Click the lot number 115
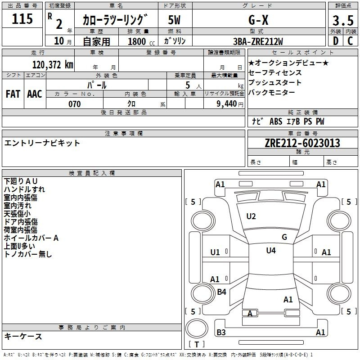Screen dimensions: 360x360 point(23,19)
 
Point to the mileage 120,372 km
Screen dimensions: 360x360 point(53,64)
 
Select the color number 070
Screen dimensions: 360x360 point(74,104)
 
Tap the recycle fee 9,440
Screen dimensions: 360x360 point(227,104)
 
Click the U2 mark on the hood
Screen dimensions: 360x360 point(251,216)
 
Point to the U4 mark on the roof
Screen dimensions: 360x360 point(271,250)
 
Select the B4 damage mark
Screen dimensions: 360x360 point(221,292)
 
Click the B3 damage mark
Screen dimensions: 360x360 point(221,333)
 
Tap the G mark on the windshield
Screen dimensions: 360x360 point(284,237)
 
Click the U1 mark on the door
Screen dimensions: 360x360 point(215,252)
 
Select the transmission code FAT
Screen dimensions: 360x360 point(13,94)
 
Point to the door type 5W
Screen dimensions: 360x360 point(175,20)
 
